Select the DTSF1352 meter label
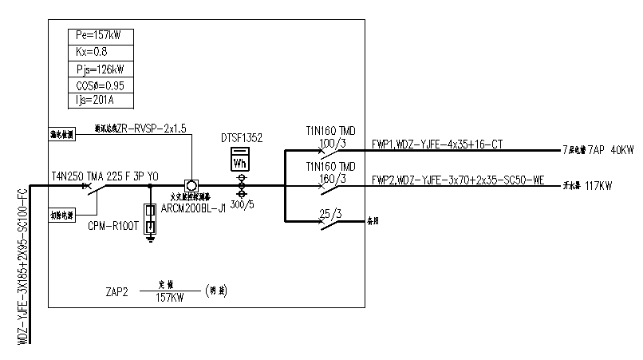242,139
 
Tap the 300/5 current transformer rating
243,204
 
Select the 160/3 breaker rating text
331,178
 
